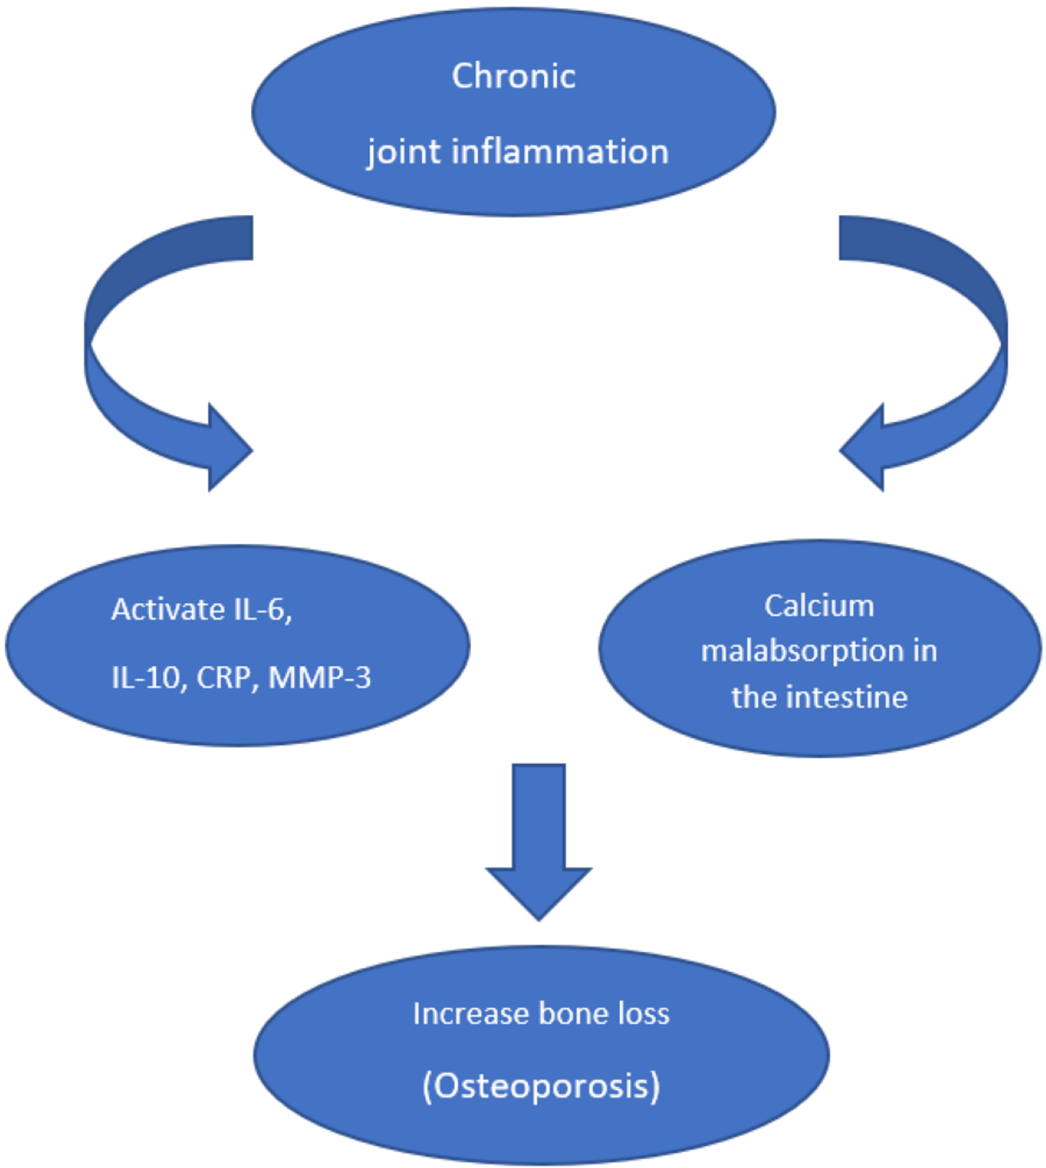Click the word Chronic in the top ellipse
(x=513, y=76)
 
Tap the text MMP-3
(x=319, y=677)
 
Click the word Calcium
(x=819, y=606)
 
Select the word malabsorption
(x=802, y=651)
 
